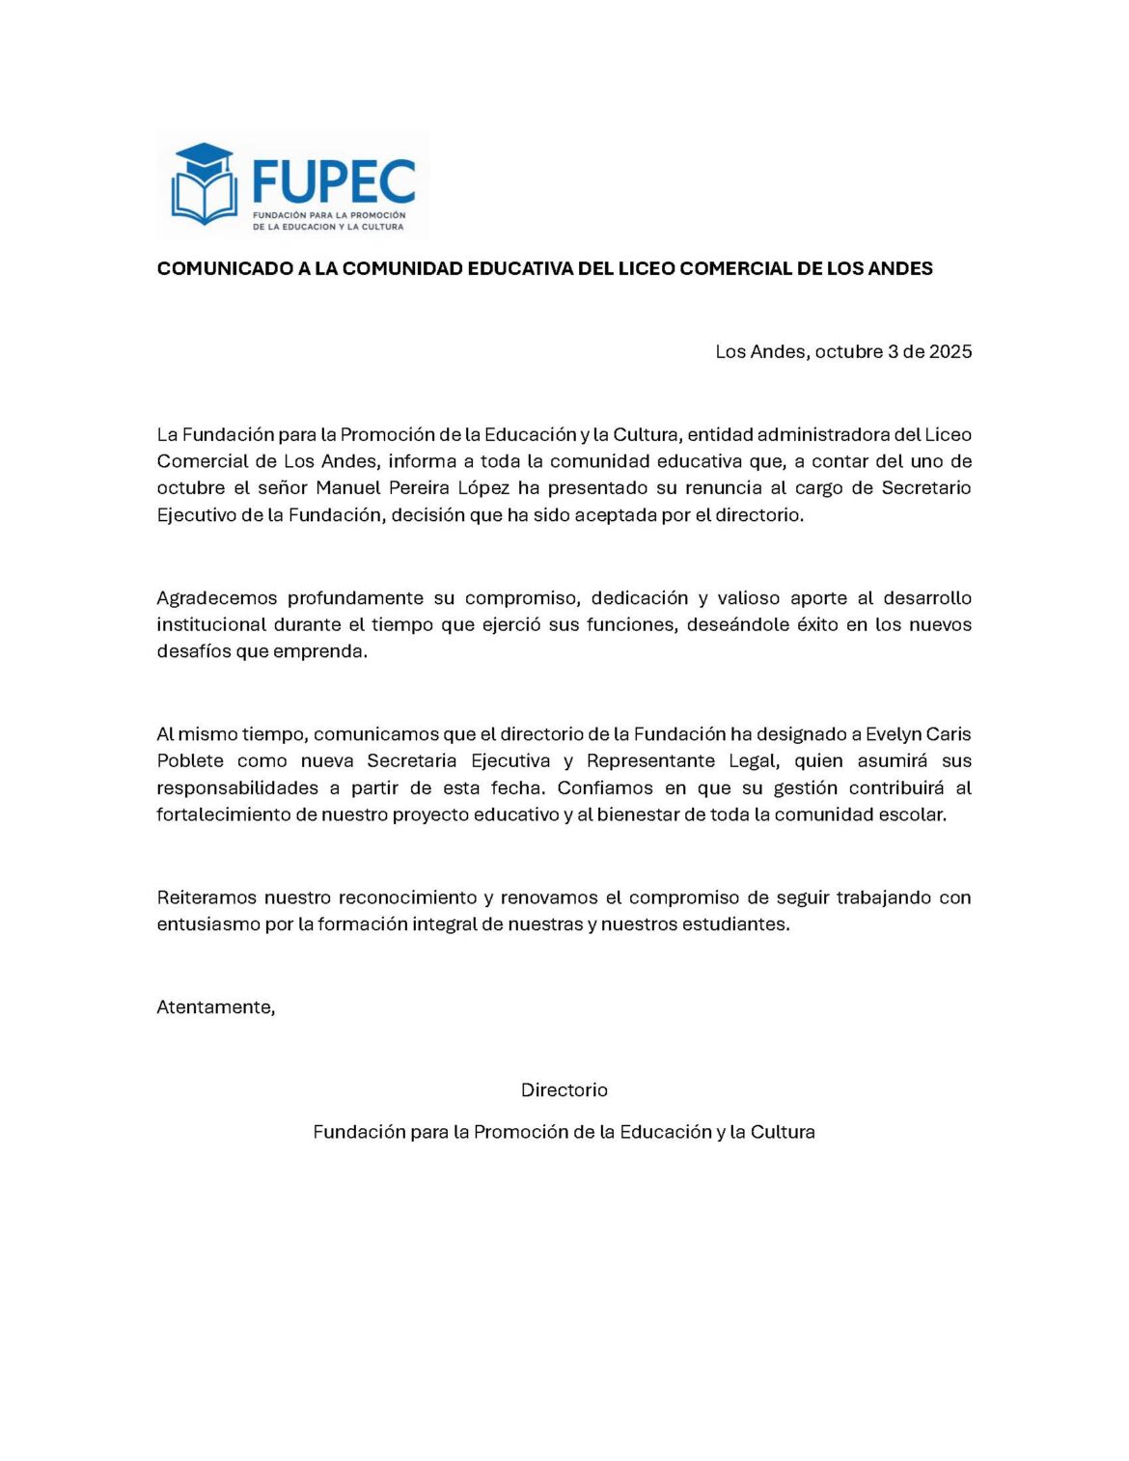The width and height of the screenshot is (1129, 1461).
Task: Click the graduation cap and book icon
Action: pyautogui.click(x=204, y=183)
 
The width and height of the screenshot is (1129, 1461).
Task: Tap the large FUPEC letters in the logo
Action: pyautogui.click(x=333, y=182)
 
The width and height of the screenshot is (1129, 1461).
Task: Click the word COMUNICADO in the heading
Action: pyautogui.click(x=225, y=268)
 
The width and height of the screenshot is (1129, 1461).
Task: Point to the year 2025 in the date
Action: pyautogui.click(x=950, y=351)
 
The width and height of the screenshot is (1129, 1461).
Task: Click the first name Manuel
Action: pyautogui.click(x=348, y=487)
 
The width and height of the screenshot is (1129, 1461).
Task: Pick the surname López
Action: pyautogui.click(x=483, y=487)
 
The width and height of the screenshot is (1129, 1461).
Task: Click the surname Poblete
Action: pyautogui.click(x=190, y=760)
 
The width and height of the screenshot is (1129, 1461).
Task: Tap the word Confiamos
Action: pyautogui.click(x=605, y=787)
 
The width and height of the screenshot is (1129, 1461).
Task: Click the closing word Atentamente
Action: pyautogui.click(x=215, y=1007)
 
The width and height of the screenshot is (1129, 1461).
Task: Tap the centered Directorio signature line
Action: pyautogui.click(x=564, y=1089)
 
